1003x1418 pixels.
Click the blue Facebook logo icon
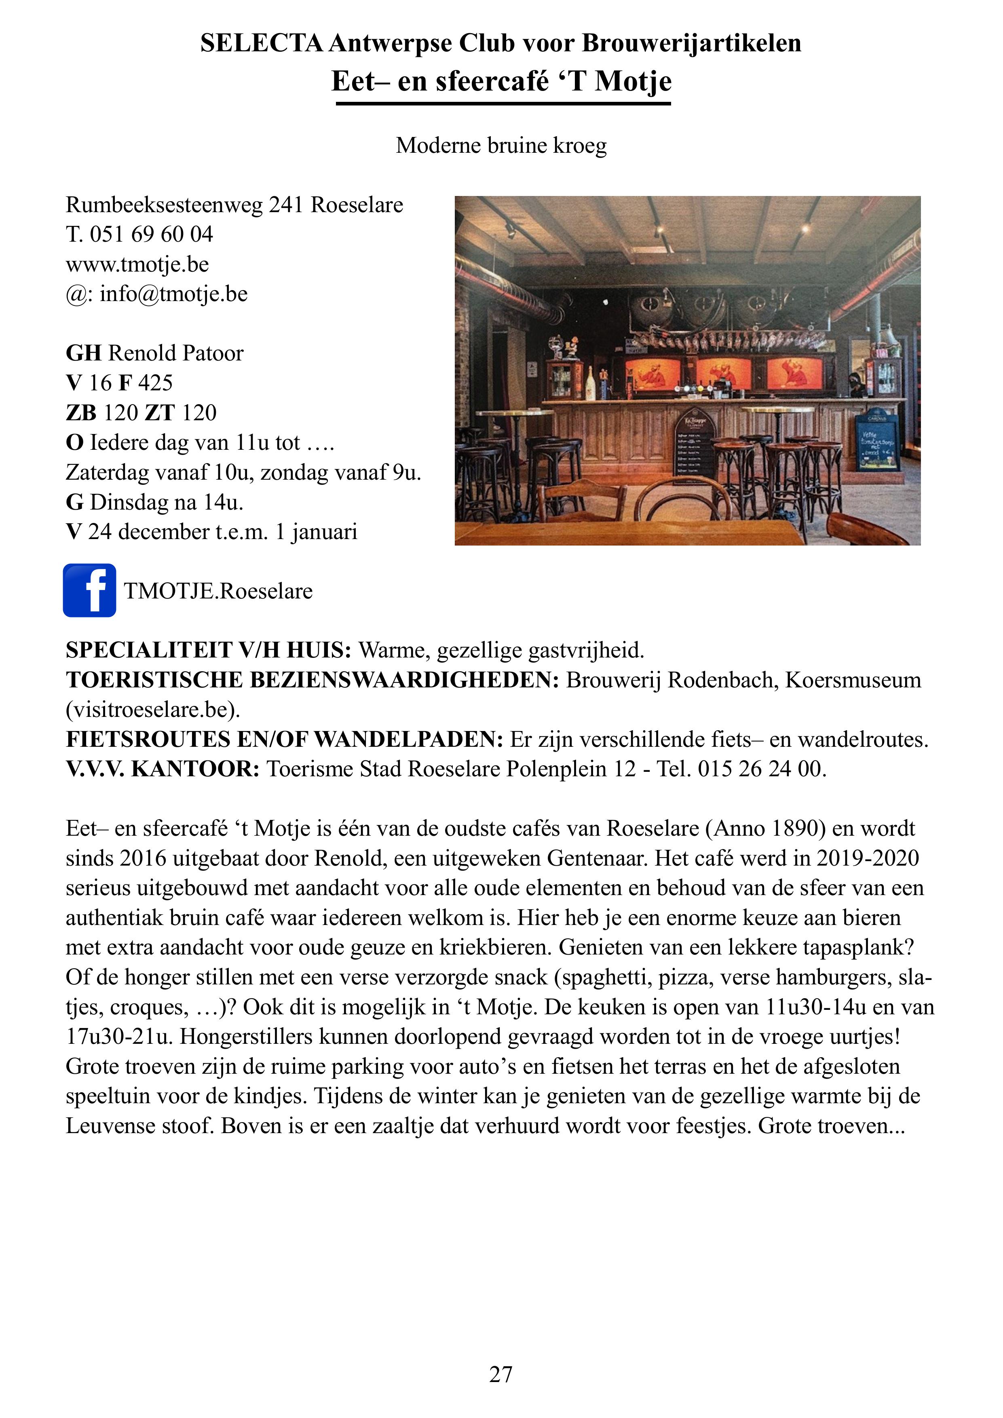click(x=90, y=590)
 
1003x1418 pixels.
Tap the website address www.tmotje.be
click(x=137, y=264)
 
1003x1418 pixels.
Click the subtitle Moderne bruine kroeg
click(x=501, y=145)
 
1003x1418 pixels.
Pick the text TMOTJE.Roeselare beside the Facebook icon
click(x=218, y=591)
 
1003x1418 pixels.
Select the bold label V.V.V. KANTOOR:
click(x=163, y=769)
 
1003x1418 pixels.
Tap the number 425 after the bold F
click(x=155, y=383)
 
